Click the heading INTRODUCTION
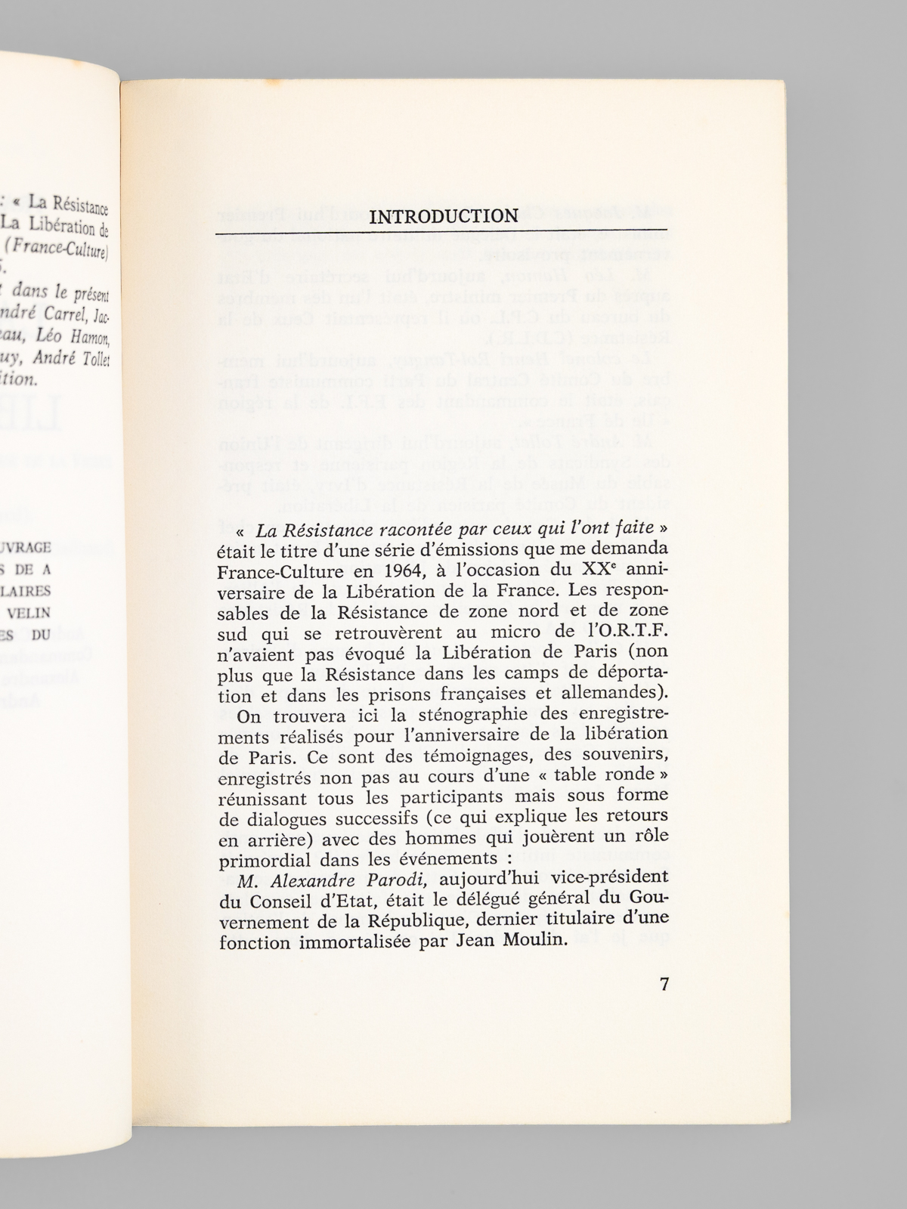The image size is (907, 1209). click(x=444, y=216)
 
